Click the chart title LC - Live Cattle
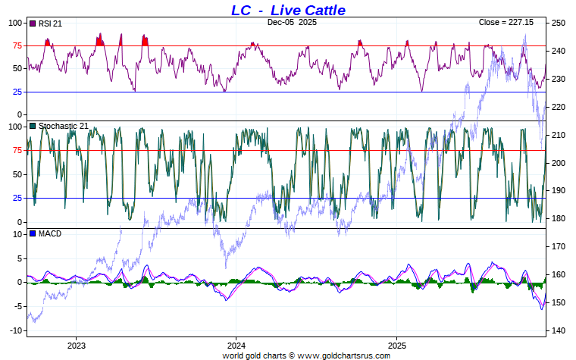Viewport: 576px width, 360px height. tap(288, 10)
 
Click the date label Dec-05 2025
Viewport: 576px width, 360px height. tap(292, 23)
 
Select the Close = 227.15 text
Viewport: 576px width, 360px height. tap(506, 23)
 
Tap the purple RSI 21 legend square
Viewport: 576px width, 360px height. tap(33, 23)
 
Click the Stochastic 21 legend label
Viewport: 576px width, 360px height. tap(63, 126)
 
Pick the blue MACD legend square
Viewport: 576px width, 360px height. tap(33, 233)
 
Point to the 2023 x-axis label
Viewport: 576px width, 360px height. tap(76, 345)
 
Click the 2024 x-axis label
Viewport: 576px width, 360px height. tap(236, 345)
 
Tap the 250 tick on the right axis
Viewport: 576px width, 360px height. tap(559, 23)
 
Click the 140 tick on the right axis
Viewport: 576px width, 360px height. tap(559, 331)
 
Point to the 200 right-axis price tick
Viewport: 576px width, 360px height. tap(559, 163)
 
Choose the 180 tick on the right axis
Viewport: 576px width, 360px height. tap(559, 219)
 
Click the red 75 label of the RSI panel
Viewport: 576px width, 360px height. tap(17, 45)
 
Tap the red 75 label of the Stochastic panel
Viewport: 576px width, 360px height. tap(17, 150)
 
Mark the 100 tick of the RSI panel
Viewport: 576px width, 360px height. tap(15, 23)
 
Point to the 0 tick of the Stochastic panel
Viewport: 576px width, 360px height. tap(20, 222)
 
